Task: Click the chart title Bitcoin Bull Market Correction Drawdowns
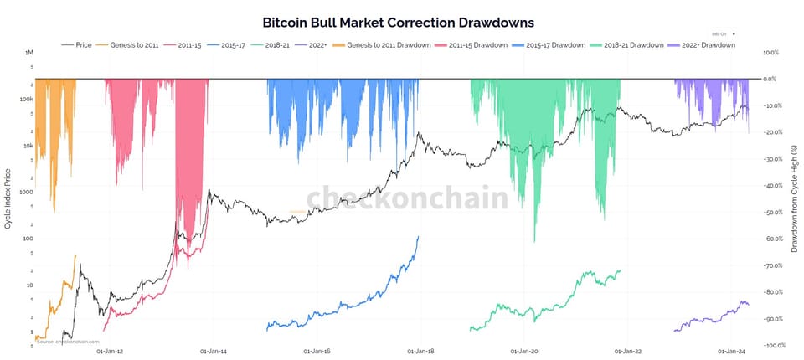pos(398,23)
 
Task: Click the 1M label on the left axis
pos(29,52)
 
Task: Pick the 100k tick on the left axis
pos(27,99)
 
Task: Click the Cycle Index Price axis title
pos(8,198)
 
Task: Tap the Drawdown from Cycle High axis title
pos(794,198)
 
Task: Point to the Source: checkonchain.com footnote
pos(68,342)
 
